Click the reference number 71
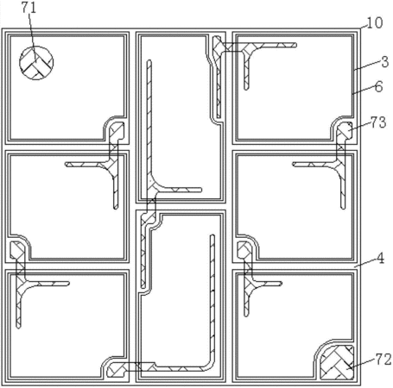click(29, 8)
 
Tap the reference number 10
click(374, 23)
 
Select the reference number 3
click(385, 62)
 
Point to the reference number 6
click(379, 86)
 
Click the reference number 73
click(378, 122)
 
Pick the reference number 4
click(380, 259)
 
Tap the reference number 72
click(383, 360)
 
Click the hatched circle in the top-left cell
click(36, 63)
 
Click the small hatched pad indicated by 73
click(345, 130)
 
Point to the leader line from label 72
click(362, 364)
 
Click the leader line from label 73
click(360, 127)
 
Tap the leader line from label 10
click(363, 26)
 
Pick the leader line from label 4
click(365, 263)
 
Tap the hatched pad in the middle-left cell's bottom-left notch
click(17, 250)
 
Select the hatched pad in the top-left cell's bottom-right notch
click(117, 130)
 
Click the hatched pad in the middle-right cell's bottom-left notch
click(244, 250)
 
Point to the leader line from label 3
click(367, 66)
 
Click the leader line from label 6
click(364, 90)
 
